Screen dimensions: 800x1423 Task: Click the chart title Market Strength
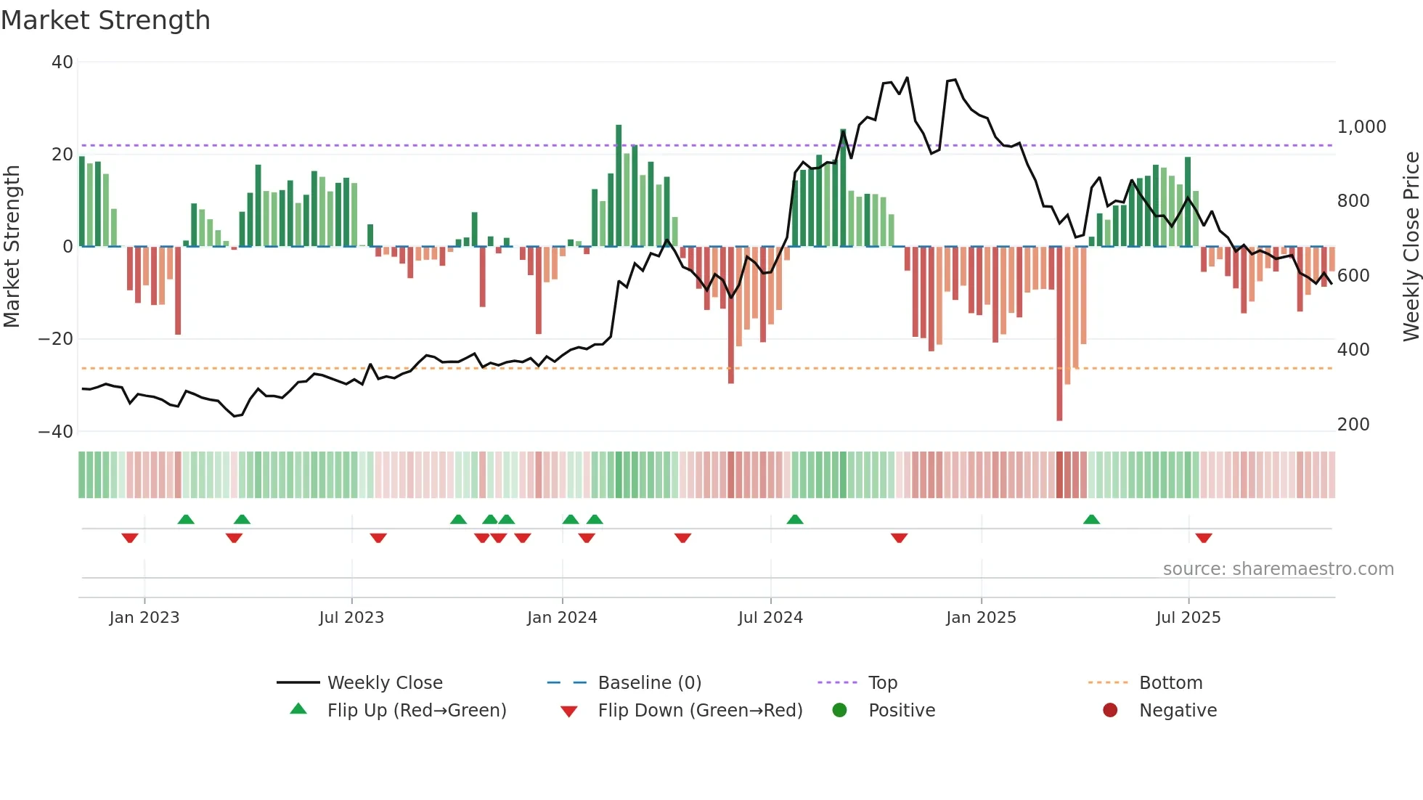point(105,20)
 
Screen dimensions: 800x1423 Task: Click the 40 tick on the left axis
point(62,62)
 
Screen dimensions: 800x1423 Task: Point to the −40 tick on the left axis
point(56,432)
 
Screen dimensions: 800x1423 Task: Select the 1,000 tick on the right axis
point(1361,127)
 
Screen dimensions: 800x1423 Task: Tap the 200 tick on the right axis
point(1353,425)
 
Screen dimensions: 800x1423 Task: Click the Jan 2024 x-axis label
point(562,618)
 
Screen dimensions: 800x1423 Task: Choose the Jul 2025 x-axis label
point(1188,618)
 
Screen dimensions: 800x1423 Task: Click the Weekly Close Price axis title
point(1411,247)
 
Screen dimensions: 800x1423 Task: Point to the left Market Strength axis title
point(12,247)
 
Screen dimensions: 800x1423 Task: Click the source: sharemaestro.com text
point(1278,569)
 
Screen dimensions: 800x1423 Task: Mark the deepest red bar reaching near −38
point(1059,334)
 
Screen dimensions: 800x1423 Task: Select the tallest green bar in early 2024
point(619,185)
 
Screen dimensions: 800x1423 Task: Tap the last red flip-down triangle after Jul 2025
point(1204,538)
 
